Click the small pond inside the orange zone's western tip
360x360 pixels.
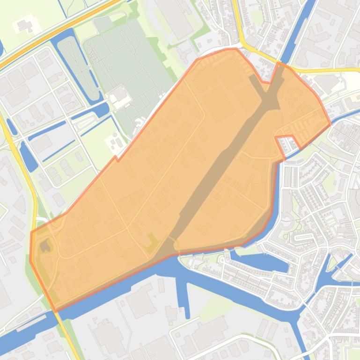click(x=45, y=245)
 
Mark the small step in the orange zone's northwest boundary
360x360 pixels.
click(x=116, y=159)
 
